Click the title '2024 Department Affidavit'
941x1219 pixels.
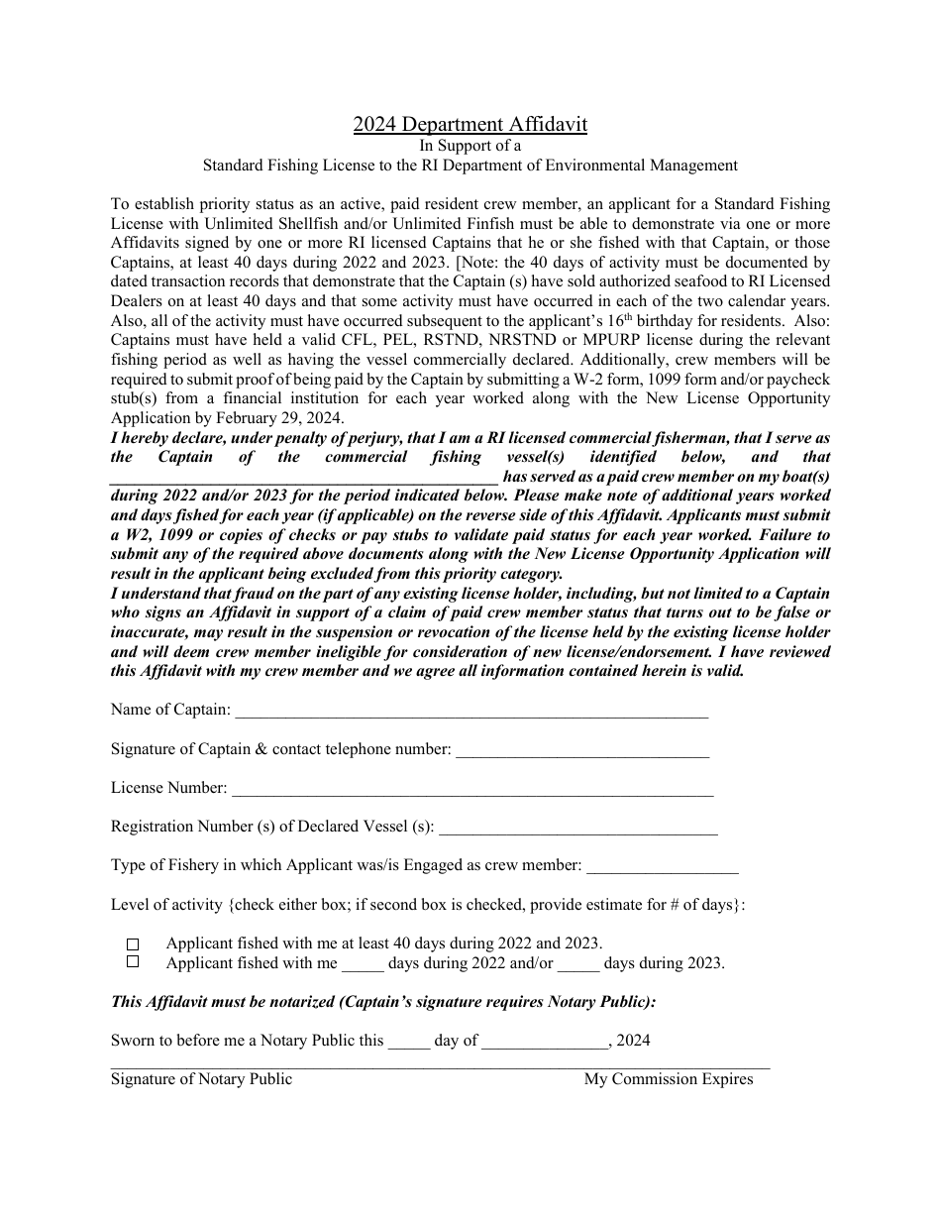(x=470, y=124)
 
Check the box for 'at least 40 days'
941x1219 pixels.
(x=133, y=944)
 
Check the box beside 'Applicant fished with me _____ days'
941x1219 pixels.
(x=133, y=962)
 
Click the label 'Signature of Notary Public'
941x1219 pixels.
(x=201, y=1079)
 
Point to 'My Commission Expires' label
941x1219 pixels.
(x=669, y=1079)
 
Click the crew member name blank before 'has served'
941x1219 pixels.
(x=304, y=476)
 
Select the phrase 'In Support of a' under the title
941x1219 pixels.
(x=470, y=146)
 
